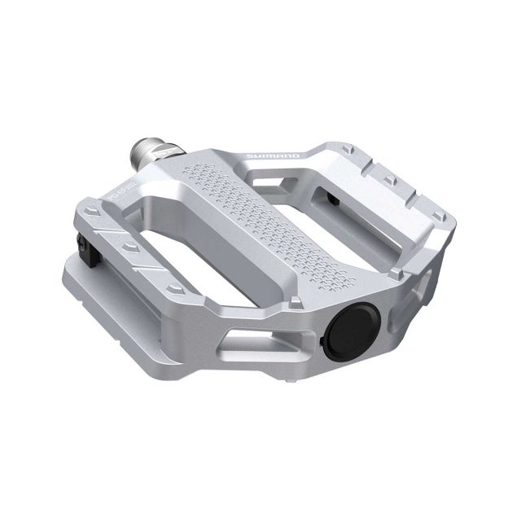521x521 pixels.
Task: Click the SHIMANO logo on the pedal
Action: [x=278, y=155]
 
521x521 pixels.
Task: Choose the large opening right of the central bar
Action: [x=358, y=215]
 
